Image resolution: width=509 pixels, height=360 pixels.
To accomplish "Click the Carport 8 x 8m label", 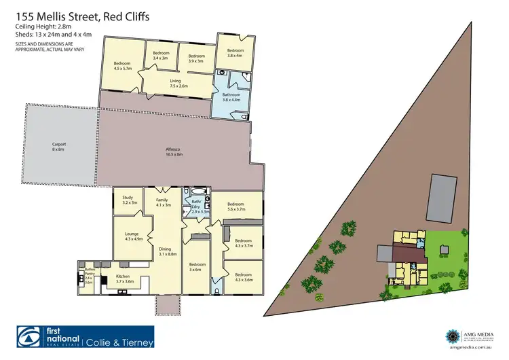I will point(59,146).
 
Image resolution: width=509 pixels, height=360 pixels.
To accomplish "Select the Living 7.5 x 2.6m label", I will point(178,84).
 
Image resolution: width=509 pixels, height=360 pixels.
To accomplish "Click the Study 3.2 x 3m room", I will point(130,201).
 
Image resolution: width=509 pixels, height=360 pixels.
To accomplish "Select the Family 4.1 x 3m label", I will point(163,202).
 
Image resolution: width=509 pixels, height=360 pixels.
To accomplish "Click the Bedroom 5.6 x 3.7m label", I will point(236,206).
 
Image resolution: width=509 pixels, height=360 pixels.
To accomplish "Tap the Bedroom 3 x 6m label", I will point(197,266).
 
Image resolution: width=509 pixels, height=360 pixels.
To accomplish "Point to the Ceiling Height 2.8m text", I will point(44,27).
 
